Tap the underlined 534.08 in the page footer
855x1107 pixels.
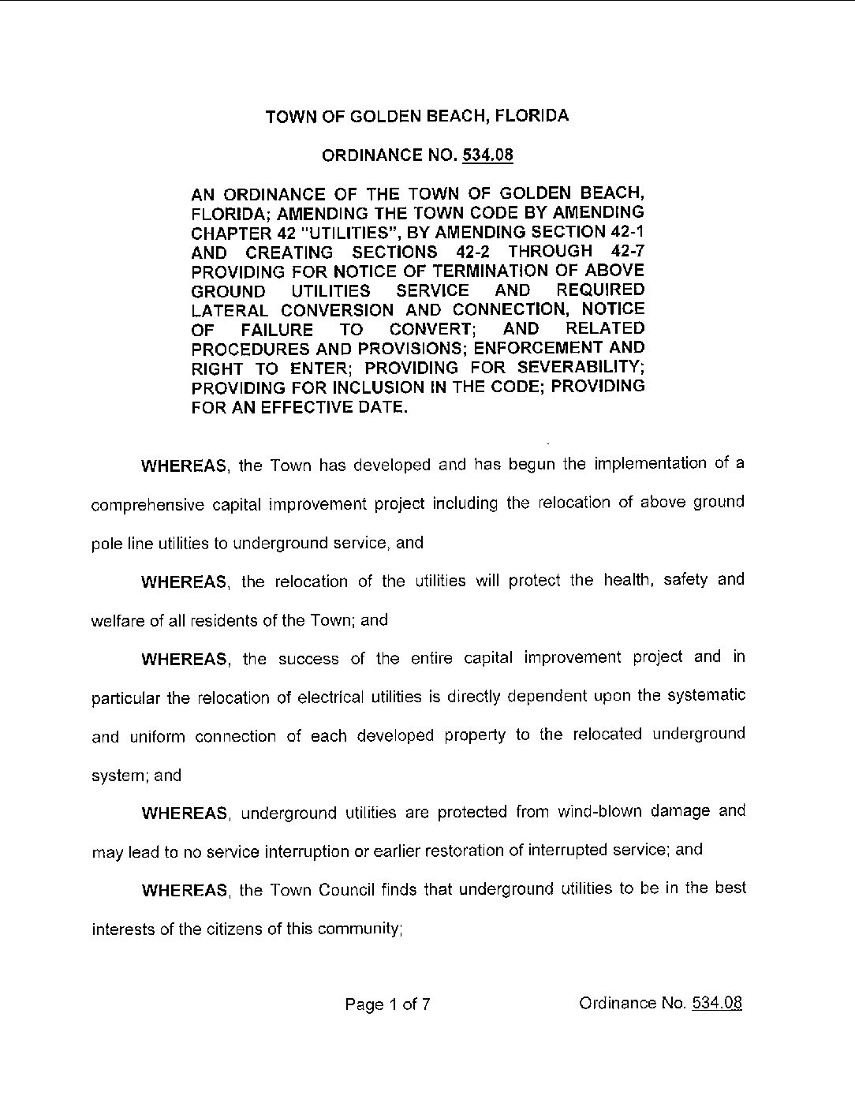[715, 1003]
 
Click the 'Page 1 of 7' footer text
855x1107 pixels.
[387, 1004]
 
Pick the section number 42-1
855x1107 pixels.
[626, 232]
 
